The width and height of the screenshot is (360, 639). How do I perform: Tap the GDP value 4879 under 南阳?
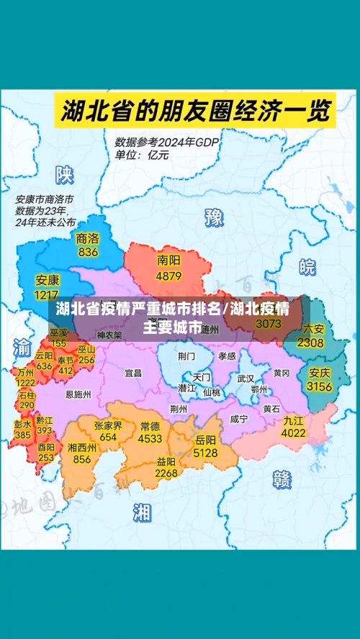(168, 276)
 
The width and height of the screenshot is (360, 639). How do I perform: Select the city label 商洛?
(88, 238)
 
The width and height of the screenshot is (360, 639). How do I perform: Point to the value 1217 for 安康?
(47, 295)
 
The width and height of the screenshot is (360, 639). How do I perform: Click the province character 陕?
(66, 174)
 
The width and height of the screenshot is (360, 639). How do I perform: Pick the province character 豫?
(214, 217)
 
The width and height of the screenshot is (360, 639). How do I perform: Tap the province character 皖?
(307, 267)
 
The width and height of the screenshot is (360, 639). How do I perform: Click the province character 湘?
(142, 512)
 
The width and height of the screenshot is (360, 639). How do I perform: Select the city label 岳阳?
(205, 439)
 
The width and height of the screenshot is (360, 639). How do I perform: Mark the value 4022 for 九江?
(293, 433)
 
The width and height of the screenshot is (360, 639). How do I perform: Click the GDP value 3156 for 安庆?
(320, 386)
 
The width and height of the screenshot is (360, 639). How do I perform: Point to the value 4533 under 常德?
(150, 438)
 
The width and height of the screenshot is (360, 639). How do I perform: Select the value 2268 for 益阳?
(166, 473)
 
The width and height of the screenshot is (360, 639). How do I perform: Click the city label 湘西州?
(82, 447)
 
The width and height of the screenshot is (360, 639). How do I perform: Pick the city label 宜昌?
(133, 373)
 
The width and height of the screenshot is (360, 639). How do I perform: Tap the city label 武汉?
(246, 378)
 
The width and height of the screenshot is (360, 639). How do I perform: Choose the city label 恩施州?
(78, 394)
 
